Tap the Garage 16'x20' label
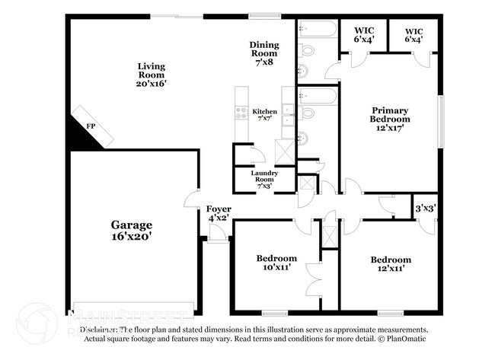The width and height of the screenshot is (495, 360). tap(131, 231)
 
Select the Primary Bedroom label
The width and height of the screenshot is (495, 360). tap(389, 119)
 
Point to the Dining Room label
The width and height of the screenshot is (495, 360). tap(264, 54)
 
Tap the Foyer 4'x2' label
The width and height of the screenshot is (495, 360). tap(219, 213)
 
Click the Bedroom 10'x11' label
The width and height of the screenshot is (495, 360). tap(276, 263)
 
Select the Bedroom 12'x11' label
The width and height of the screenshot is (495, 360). tap(391, 263)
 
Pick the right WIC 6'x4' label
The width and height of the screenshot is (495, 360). tap(413, 33)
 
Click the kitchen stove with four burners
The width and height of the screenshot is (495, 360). tap(241, 114)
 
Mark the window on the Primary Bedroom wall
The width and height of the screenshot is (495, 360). tap(439, 119)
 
